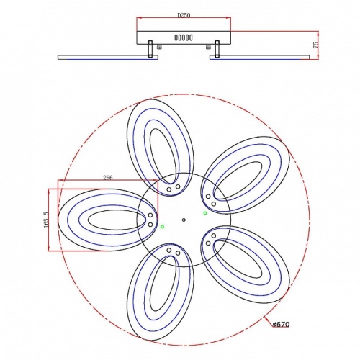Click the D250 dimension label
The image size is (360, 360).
pos(184,15)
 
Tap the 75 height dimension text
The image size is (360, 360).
pos(315,45)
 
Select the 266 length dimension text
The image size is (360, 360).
pos(108,178)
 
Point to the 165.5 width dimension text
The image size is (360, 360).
pos(46,220)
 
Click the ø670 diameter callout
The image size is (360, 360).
pos(281,325)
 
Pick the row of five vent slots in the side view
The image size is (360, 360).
pos(184,37)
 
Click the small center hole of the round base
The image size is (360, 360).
pos(184,220)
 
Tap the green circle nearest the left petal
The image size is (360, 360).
pos(162,226)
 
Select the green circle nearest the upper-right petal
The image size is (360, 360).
pos(205,213)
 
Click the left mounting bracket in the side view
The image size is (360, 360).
pos(150,49)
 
